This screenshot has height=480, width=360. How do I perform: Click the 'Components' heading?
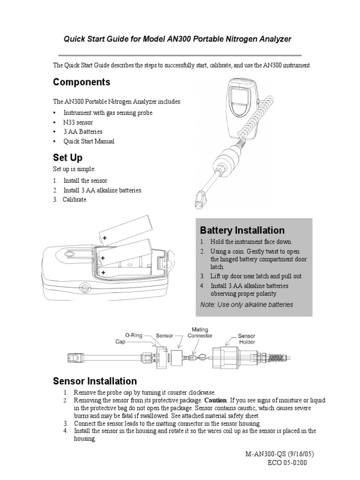82,82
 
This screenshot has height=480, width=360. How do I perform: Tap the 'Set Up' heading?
68,157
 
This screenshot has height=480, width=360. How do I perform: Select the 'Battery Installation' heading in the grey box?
242,230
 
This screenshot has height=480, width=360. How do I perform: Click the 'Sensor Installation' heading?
95,381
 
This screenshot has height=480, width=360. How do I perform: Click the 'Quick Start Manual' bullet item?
89,141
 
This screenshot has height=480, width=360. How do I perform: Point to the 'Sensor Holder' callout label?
247,339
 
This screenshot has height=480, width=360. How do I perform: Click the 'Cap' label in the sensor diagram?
121,342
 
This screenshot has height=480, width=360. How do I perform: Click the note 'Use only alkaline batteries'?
247,305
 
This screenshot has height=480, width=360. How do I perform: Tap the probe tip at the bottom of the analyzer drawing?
200,199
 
